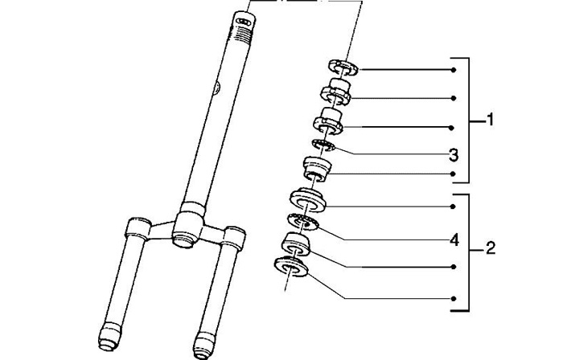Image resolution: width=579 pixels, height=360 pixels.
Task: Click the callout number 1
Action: [x=490, y=120]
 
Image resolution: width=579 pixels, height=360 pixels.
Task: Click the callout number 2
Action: [x=491, y=248]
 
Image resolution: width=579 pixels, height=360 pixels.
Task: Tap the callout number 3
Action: [x=454, y=155]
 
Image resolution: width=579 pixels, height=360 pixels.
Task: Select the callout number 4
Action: [x=454, y=240]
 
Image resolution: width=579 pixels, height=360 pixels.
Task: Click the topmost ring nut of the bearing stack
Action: [x=343, y=67]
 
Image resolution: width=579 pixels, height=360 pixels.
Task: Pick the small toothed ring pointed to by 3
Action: [x=323, y=145]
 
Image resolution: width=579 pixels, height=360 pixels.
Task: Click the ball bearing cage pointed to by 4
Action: [x=302, y=223]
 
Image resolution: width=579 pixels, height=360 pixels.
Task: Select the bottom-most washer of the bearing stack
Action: [x=291, y=266]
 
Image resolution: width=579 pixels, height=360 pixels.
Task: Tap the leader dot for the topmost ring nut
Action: [x=454, y=70]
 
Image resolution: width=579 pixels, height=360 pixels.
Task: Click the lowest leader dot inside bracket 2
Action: [x=454, y=298]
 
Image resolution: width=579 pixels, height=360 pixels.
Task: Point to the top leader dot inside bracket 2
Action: [x=453, y=207]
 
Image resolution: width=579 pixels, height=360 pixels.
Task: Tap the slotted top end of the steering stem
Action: [x=245, y=18]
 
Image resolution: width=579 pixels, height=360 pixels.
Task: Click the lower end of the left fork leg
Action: [x=110, y=336]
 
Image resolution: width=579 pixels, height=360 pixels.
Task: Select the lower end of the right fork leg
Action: [x=204, y=346]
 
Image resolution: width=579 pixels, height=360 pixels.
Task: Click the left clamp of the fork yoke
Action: [x=138, y=229]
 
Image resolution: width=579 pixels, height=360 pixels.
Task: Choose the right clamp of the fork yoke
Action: [x=233, y=238]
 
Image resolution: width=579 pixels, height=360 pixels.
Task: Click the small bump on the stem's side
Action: [x=217, y=88]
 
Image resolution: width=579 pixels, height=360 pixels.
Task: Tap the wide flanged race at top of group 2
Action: [x=307, y=200]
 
